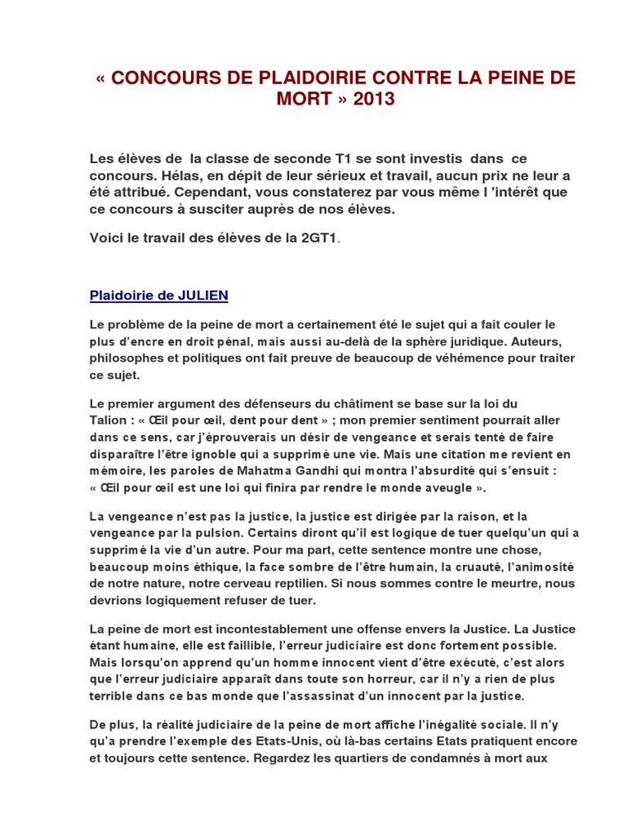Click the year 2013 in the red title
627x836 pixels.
[373, 100]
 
